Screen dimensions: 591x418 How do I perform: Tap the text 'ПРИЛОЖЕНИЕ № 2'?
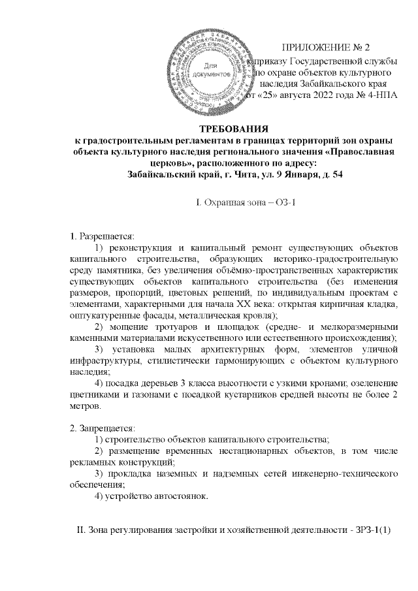(x=325, y=48)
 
